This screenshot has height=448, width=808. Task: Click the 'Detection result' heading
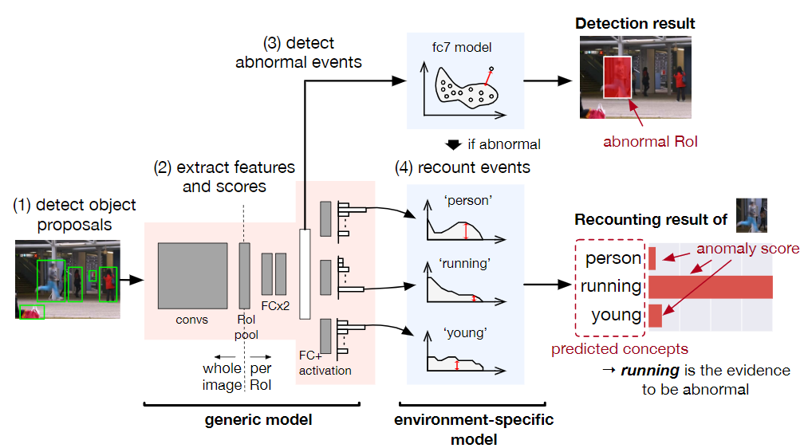tap(635, 24)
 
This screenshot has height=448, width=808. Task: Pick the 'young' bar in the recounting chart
tap(655, 315)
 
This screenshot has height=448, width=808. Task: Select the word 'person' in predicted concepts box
tap(613, 258)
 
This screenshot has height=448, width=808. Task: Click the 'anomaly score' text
tap(747, 249)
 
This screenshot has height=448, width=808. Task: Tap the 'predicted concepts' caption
tap(620, 348)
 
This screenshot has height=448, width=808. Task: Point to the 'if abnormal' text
tap(503, 144)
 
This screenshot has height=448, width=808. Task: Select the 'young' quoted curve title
tap(464, 332)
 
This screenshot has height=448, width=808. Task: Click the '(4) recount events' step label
tap(463, 167)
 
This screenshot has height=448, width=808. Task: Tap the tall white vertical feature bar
tap(304, 275)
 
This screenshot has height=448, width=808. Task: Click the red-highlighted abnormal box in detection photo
tap(617, 77)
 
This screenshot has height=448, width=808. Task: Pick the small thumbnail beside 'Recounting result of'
tap(751, 214)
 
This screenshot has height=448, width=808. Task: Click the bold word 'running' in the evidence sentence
tap(647, 371)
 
